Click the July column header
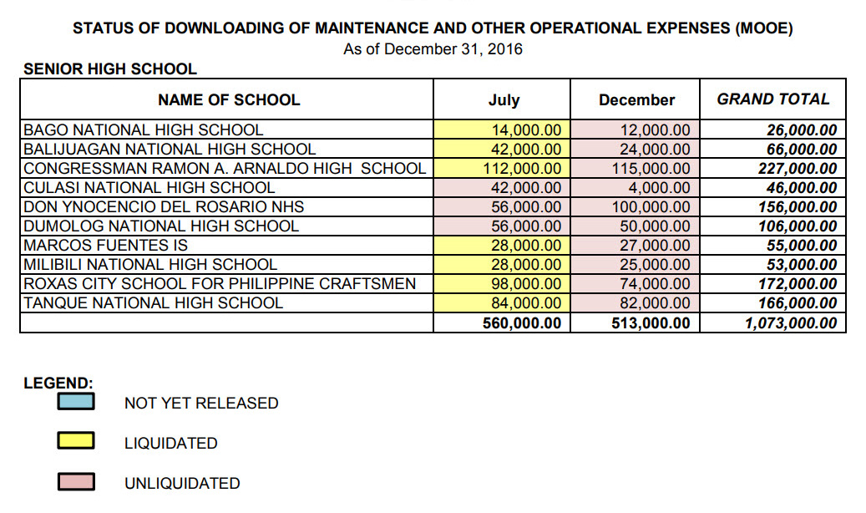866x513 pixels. click(504, 100)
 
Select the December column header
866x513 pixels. click(636, 100)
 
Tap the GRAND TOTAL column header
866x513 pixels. click(773, 99)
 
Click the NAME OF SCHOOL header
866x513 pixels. click(228, 100)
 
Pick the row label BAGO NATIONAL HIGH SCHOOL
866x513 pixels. click(143, 130)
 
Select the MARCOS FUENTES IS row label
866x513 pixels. click(105, 246)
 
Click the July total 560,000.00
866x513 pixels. click(522, 323)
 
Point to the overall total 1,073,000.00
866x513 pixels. click(790, 323)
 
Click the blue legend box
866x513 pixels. click(75, 402)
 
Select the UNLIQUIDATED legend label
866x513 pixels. click(182, 484)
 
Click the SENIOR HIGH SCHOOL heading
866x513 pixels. click(110, 69)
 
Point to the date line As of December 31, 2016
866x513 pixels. click(433, 49)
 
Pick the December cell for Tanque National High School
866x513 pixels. click(656, 303)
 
